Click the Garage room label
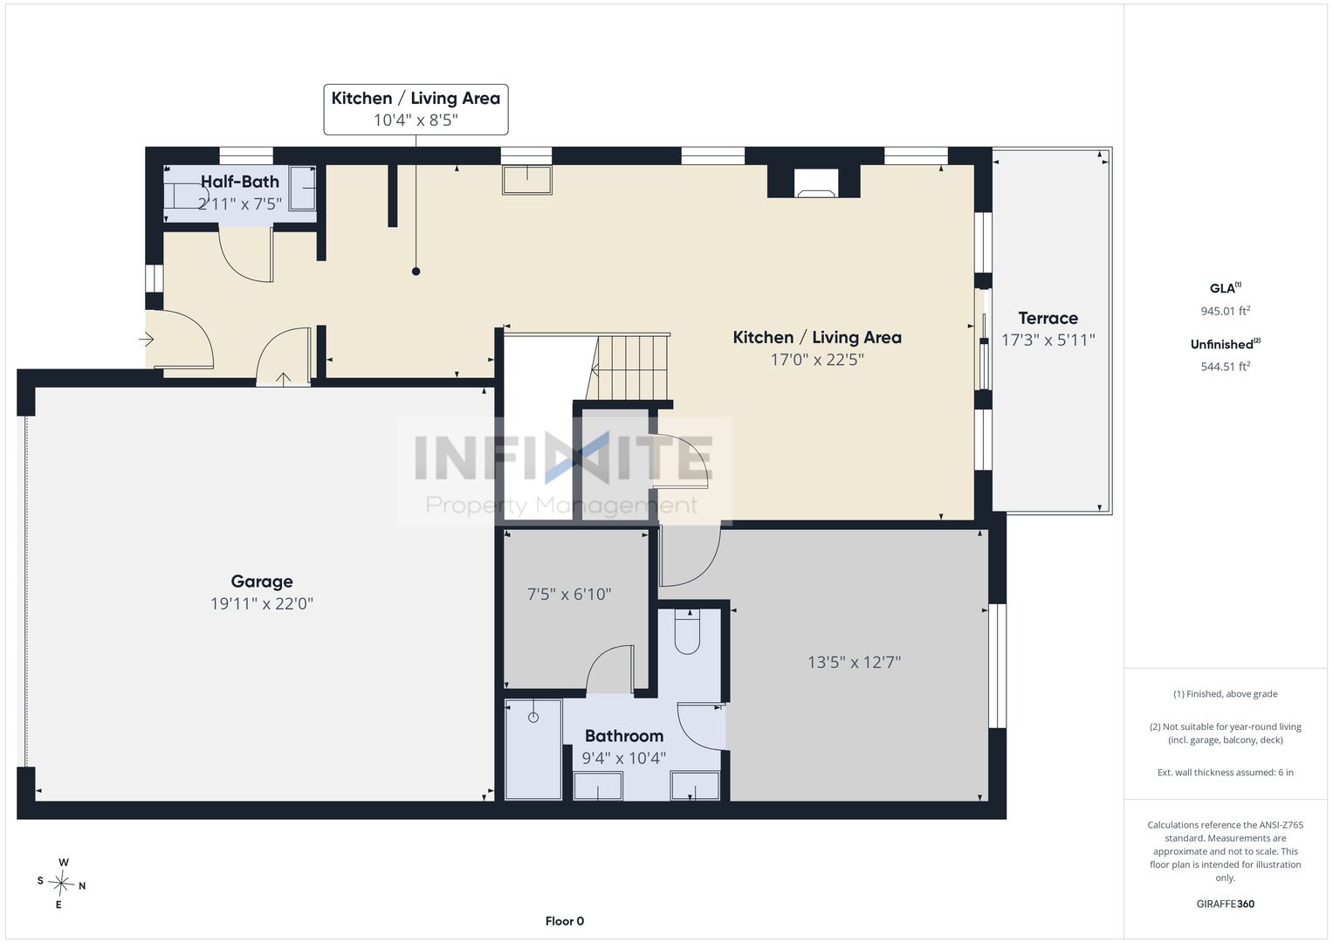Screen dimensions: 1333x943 (x=261, y=582)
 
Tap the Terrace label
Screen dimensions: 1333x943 (x=1048, y=318)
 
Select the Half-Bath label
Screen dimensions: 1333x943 (x=240, y=182)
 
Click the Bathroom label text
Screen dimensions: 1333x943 (x=623, y=736)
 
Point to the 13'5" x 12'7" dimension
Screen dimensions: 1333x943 (x=854, y=662)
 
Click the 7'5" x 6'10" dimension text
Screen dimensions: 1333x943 (x=569, y=594)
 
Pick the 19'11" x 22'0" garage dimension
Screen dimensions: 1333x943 (x=261, y=603)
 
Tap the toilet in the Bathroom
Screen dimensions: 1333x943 (x=687, y=633)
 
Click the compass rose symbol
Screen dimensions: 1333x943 (x=61, y=884)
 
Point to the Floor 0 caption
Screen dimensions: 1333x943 (x=564, y=921)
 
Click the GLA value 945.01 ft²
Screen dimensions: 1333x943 (x=1226, y=311)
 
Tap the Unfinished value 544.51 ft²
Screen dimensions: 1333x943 (x=1226, y=366)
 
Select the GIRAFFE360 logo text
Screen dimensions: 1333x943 (x=1226, y=904)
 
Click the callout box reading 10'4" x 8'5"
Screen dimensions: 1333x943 (x=416, y=109)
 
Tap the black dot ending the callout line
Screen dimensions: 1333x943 (x=416, y=272)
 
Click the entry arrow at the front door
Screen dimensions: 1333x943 (x=147, y=340)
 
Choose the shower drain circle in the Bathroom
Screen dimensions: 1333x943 (x=533, y=718)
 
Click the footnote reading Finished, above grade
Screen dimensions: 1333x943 (x=1226, y=693)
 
